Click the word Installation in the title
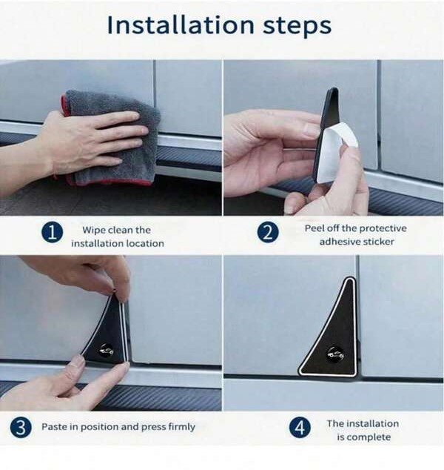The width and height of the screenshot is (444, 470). (x=181, y=25)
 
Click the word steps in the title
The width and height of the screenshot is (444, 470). (x=297, y=27)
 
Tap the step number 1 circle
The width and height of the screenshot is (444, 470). (x=53, y=233)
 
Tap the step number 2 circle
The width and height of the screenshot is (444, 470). (x=268, y=232)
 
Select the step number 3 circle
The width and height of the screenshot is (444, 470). (x=21, y=428)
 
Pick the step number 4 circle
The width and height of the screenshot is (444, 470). (x=300, y=427)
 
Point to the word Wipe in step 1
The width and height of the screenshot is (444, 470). (x=94, y=231)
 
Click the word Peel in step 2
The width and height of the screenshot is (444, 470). (x=314, y=228)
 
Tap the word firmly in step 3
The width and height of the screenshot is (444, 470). (x=182, y=427)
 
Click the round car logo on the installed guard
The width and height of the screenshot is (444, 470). (x=335, y=355)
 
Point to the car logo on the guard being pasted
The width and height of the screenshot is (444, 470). (x=106, y=349)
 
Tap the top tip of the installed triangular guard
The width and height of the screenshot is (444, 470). (x=350, y=278)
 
